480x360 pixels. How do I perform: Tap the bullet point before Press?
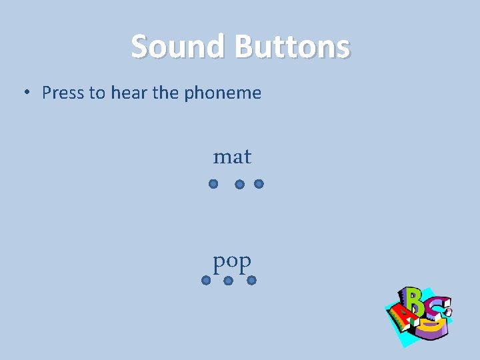pyautogui.click(x=27, y=93)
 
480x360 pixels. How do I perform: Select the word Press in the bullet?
pyautogui.click(x=63, y=93)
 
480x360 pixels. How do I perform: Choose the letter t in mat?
pyautogui.click(x=247, y=157)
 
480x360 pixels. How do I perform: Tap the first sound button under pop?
pyautogui.click(x=206, y=281)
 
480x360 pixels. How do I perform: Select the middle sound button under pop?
pyautogui.click(x=228, y=281)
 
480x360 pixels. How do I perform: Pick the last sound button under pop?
pyautogui.click(x=251, y=281)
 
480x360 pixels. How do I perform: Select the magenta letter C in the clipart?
pyautogui.click(x=439, y=307)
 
